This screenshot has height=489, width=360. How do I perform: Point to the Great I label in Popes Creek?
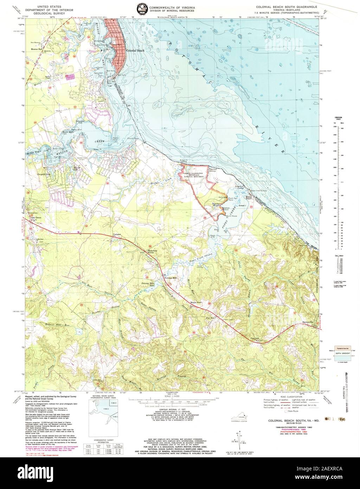(x=242, y=205)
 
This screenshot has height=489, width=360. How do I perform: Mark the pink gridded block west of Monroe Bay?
(x=70, y=76)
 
